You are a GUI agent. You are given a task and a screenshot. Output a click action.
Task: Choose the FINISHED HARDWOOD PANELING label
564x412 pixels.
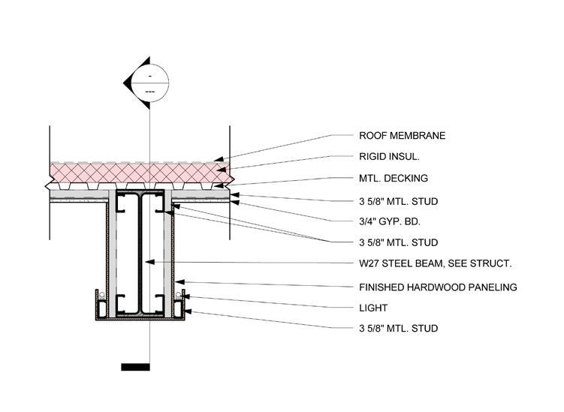(438, 287)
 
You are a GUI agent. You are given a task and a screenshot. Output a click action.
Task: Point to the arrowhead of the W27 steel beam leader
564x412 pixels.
(149, 262)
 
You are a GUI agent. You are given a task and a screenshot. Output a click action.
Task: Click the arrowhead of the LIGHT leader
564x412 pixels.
(184, 298)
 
